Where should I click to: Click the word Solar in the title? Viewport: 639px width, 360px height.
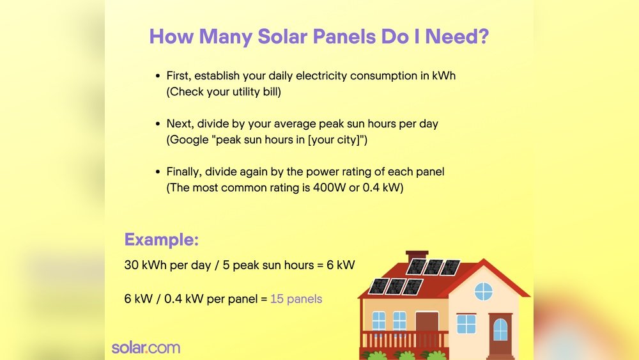point(281,36)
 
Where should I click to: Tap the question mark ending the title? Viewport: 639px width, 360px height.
point(484,36)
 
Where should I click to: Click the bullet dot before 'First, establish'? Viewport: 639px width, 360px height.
point(158,76)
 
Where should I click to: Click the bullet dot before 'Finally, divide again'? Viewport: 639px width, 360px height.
point(158,172)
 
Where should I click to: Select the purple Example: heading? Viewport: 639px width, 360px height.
point(161,240)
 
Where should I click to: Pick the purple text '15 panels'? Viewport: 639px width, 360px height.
point(296,299)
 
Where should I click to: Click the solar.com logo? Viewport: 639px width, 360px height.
point(146,348)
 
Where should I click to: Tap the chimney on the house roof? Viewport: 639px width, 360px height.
point(417,256)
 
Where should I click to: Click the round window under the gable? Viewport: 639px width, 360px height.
point(483,292)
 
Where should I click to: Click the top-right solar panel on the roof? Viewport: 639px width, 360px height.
point(450,267)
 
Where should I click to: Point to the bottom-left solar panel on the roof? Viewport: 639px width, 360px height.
point(378,286)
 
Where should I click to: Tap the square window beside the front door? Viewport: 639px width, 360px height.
point(466,324)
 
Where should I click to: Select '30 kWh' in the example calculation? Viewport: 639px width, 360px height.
point(146,265)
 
